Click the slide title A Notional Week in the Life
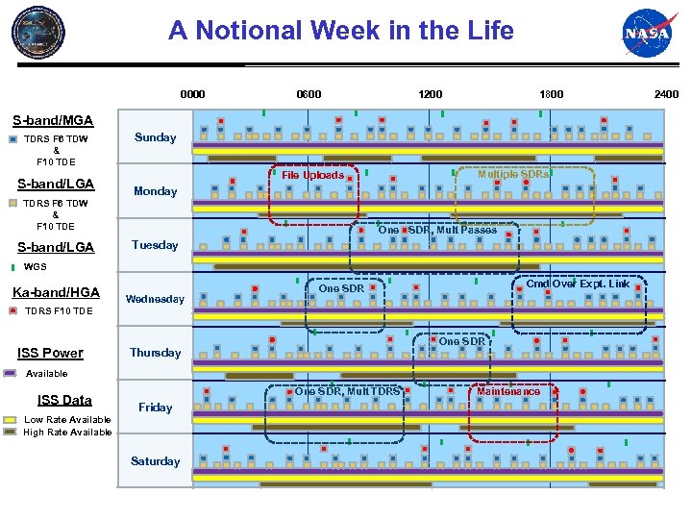[x=341, y=31]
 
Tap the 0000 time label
[x=192, y=94]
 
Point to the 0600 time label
[x=309, y=94]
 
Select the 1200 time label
[x=430, y=94]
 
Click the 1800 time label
[x=551, y=94]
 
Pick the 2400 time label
[x=666, y=94]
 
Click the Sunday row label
[x=155, y=137]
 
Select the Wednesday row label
[x=155, y=299]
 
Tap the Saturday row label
[x=155, y=461]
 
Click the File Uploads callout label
[x=311, y=175]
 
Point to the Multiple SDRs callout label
[x=513, y=174]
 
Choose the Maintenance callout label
[x=508, y=391]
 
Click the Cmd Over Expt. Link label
[x=578, y=284]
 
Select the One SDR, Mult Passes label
[x=437, y=230]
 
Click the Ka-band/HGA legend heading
[x=56, y=292]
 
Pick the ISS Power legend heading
[x=50, y=353]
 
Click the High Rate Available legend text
[x=67, y=432]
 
